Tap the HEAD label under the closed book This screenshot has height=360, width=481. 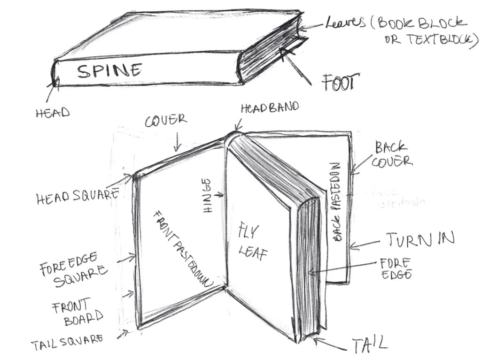(52, 113)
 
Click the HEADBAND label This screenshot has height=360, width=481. (270, 108)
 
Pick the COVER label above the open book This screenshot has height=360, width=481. (165, 121)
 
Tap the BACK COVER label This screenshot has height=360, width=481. (392, 155)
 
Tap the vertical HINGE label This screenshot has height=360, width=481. (207, 196)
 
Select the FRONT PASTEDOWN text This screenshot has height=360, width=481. (184, 247)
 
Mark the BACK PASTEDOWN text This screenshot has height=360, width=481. (336, 202)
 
